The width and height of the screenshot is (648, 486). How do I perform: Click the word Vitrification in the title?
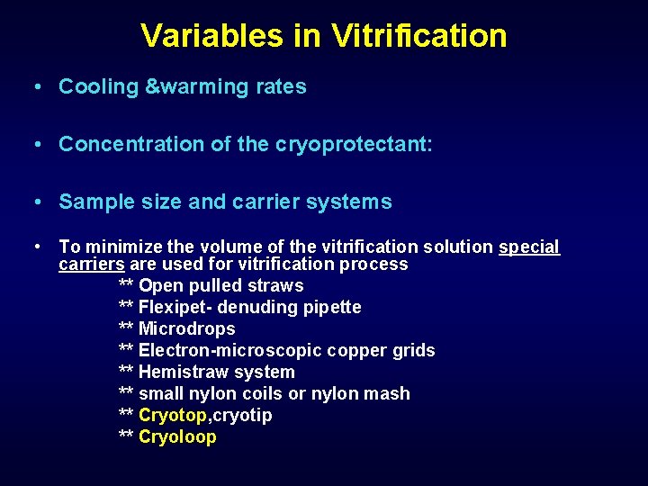point(418,36)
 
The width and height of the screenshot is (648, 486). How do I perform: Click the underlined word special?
point(529,247)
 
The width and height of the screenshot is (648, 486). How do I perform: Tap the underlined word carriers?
point(92,265)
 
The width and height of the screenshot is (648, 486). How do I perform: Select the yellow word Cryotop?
point(173,416)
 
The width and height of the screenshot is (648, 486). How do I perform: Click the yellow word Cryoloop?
point(177,437)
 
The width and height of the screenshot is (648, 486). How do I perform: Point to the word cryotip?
point(242,416)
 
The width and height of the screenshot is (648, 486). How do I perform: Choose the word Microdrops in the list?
point(187,329)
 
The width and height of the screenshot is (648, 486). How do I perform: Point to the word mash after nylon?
point(388,394)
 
